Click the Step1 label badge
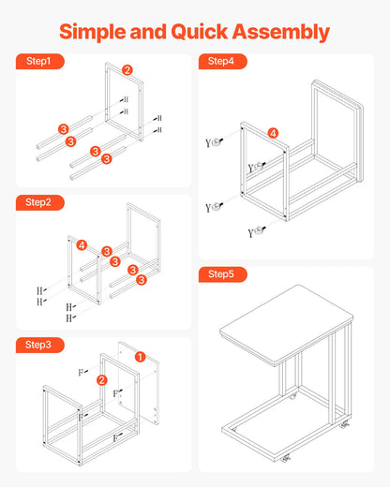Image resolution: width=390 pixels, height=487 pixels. click(38, 62)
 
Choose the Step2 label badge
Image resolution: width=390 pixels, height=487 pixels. click(38, 202)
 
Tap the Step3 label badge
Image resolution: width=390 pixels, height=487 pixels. click(38, 346)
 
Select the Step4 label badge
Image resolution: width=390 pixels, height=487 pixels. click(221, 62)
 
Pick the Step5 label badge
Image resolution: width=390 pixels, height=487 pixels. click(221, 274)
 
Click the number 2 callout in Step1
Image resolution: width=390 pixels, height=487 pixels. click(127, 70)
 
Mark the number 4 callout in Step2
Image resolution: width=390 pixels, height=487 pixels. click(82, 245)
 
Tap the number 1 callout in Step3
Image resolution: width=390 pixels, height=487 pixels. click(140, 357)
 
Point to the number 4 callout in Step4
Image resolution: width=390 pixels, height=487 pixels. click(274, 133)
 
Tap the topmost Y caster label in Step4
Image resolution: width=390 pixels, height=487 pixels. click(209, 143)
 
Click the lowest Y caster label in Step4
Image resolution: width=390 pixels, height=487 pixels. click(251, 232)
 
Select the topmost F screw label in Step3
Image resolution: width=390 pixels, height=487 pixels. click(81, 372)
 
